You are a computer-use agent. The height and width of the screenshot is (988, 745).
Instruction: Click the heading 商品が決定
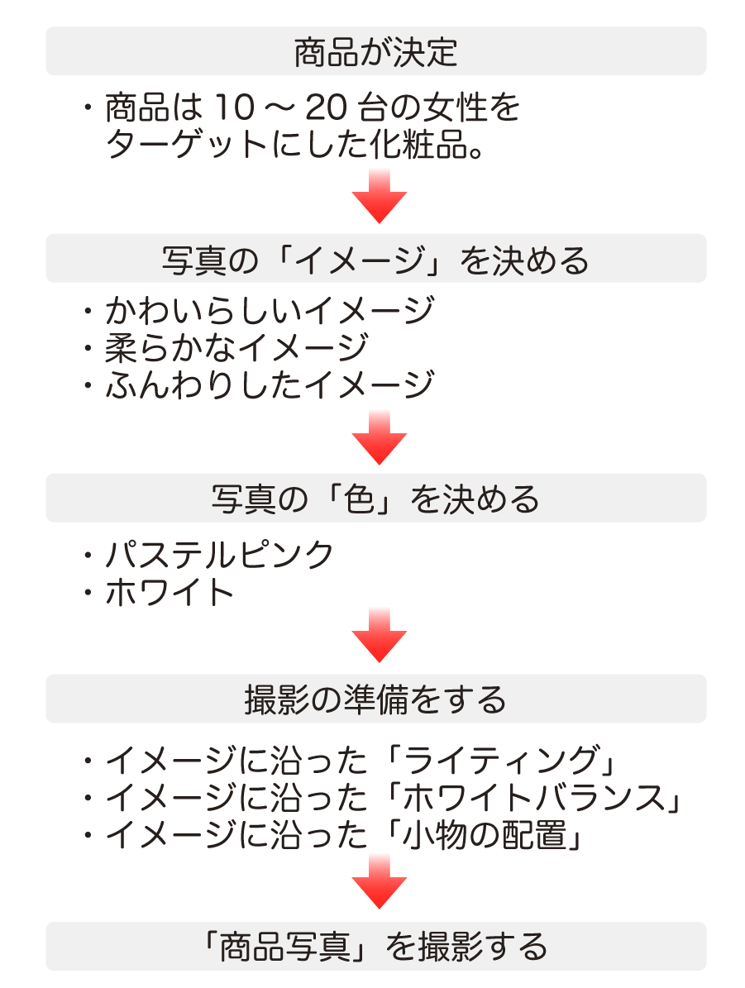pos(375,51)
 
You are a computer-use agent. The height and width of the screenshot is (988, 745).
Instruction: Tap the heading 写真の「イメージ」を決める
pos(375,260)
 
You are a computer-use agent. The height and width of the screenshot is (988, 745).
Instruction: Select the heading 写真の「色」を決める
pos(375,499)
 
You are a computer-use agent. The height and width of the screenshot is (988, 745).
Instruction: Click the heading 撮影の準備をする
pos(375,699)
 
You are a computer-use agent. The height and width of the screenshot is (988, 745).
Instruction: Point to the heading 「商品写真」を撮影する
pos(375,947)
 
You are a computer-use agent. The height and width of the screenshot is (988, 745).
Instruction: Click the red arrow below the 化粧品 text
pos(380,196)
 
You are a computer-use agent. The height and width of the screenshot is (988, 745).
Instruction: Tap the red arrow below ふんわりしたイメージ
pos(380,438)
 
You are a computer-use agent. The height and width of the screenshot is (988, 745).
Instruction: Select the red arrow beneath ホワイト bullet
pos(380,635)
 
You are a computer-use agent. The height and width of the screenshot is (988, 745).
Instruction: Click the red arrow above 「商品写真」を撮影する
pos(380,881)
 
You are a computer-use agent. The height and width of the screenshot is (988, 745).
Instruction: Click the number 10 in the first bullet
pos(235,107)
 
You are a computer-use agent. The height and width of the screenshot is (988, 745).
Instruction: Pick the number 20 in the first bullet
pos(327,107)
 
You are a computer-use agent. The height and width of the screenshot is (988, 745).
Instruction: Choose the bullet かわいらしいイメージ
pos(270,310)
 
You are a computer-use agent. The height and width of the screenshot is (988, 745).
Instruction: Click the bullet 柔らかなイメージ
pos(237,347)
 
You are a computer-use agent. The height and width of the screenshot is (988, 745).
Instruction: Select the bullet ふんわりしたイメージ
pos(270,384)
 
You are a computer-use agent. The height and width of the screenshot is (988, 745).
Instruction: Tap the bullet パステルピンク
pos(219,555)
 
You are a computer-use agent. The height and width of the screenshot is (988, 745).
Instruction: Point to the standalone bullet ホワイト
pos(170,592)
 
